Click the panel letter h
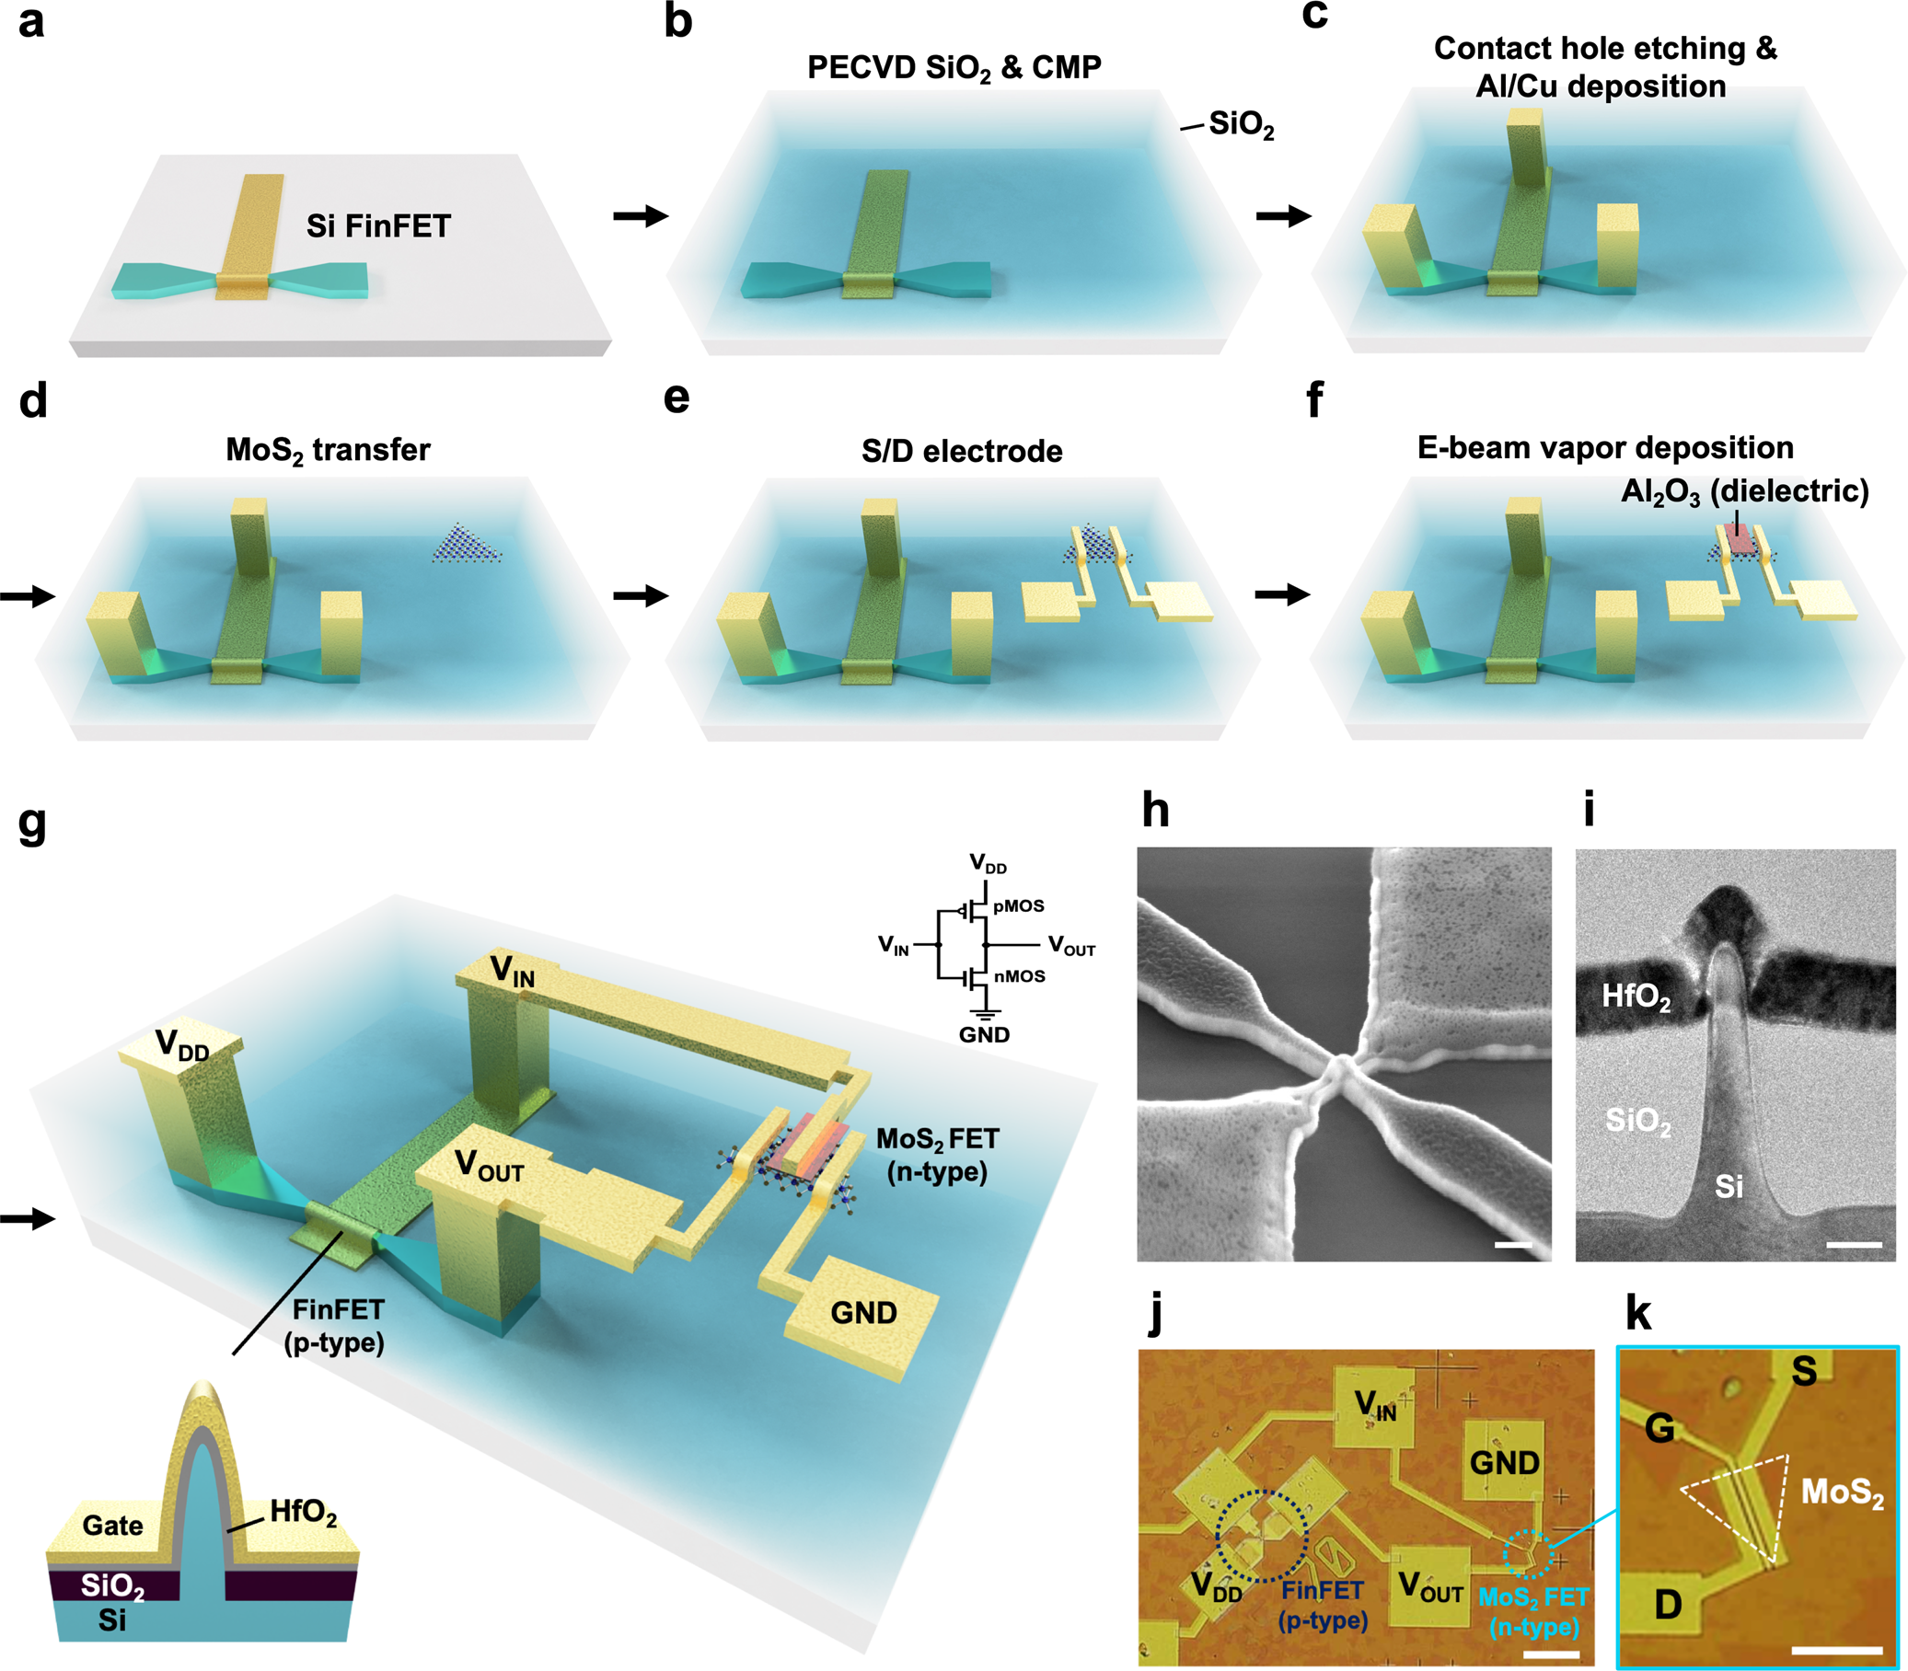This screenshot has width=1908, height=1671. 1155,810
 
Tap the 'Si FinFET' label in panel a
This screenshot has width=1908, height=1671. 377,225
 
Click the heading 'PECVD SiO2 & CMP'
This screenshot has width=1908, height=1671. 953,68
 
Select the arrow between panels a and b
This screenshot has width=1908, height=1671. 641,216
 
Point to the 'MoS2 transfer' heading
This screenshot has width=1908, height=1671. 328,450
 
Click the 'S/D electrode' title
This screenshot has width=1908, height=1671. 962,451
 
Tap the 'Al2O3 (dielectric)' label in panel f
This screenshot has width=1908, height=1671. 1744,491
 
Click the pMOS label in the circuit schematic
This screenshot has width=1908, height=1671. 1018,905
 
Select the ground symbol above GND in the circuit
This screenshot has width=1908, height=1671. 985,1014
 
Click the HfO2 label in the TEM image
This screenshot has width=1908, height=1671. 1636,997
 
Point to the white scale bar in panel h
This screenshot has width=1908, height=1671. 1512,1245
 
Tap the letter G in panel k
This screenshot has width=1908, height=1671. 1659,1428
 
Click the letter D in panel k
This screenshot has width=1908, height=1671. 1668,1605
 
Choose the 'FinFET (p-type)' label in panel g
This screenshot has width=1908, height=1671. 337,1326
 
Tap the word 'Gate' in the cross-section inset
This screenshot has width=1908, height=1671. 113,1526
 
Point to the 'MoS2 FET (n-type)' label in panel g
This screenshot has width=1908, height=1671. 937,1155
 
